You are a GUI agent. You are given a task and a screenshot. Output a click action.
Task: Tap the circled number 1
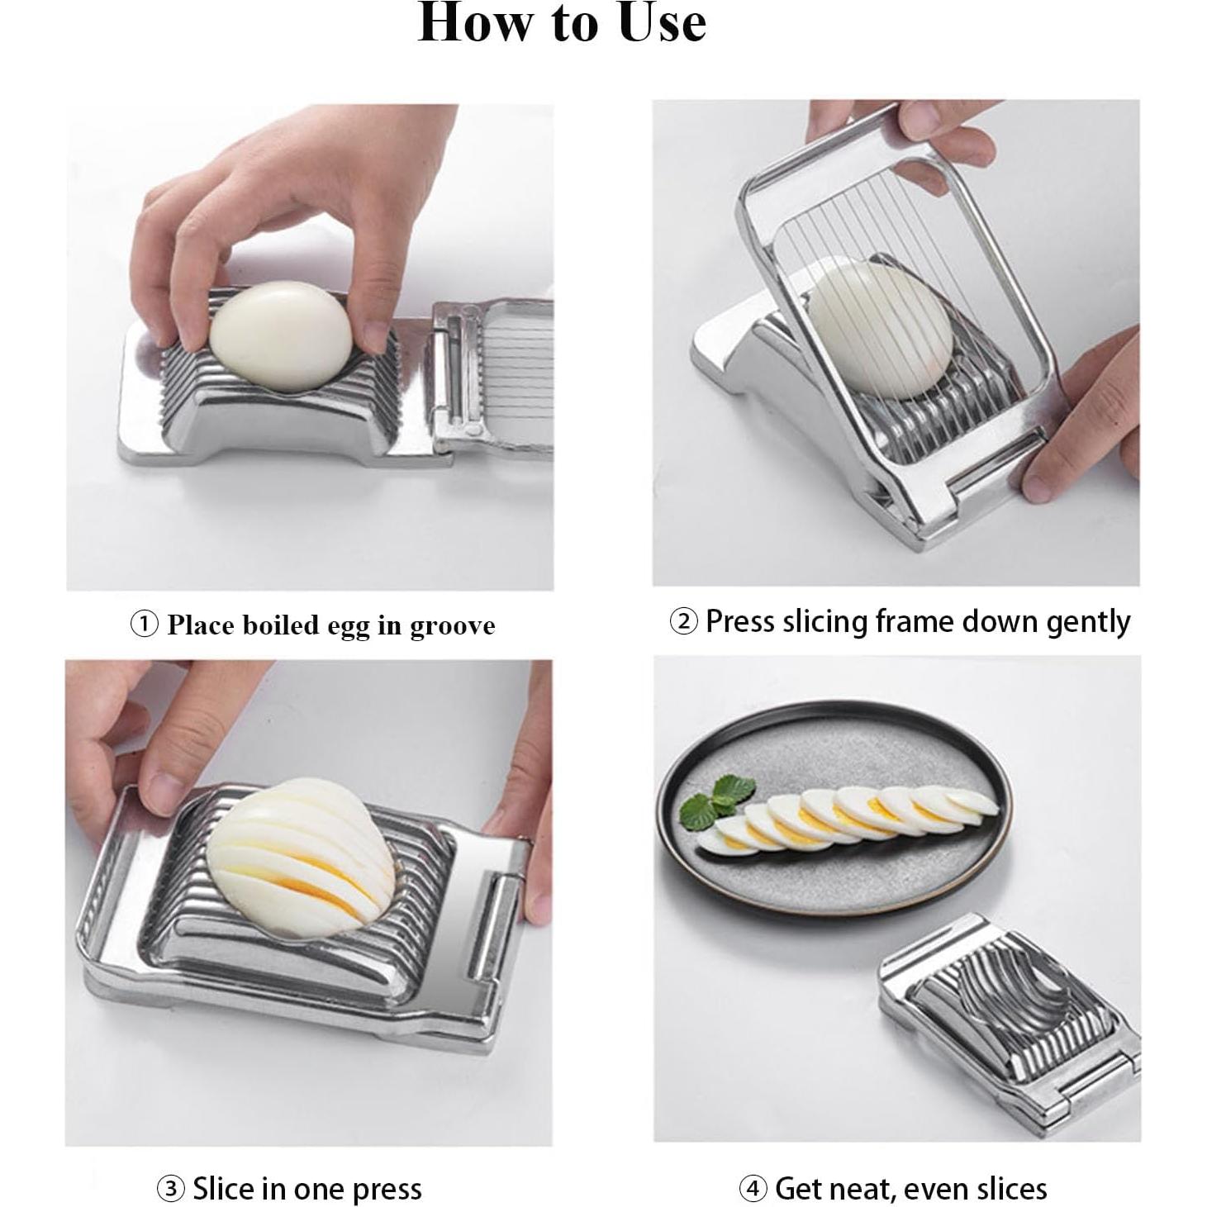tap(144, 625)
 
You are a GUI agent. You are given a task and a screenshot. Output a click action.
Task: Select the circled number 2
tap(683, 621)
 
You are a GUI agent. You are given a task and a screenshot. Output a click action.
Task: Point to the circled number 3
tap(170, 1171)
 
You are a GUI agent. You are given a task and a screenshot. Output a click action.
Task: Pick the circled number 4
tap(753, 1171)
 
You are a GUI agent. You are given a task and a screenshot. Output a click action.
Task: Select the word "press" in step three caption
tap(387, 1172)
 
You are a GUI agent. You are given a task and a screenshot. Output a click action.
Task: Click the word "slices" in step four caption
tap(1010, 1171)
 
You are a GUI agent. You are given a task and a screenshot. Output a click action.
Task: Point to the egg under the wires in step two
tap(881, 330)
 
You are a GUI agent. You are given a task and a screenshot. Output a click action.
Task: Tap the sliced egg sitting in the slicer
tap(302, 853)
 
